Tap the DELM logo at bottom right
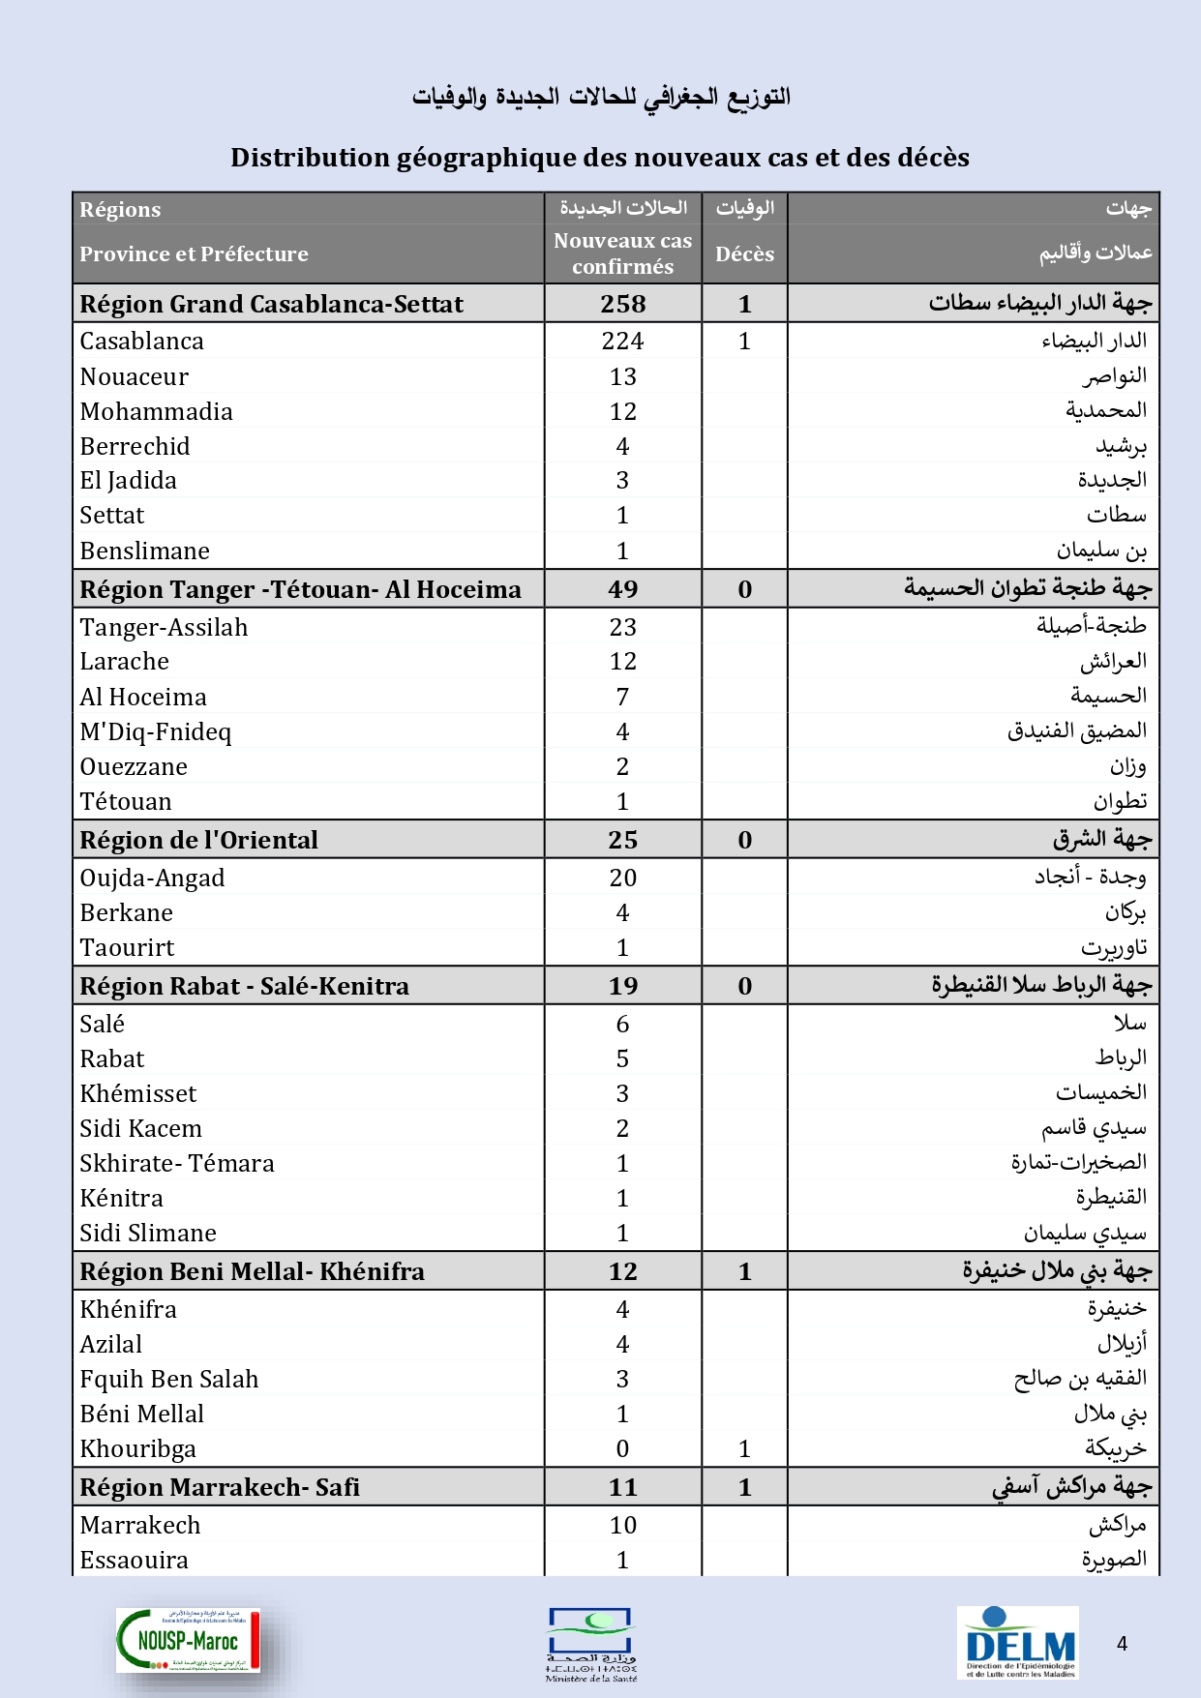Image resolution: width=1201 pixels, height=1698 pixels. tap(1019, 1642)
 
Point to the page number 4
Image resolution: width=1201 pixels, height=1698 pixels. tap(1122, 1644)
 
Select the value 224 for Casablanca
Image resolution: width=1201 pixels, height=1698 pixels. tap(622, 342)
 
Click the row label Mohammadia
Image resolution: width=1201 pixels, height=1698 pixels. tap(156, 412)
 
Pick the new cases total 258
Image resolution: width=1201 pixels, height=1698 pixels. tap(622, 304)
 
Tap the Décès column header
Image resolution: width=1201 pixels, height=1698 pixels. tap(744, 254)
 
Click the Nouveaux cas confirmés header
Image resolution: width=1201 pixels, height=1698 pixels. tap(622, 253)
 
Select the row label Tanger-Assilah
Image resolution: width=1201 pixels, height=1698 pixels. tap(164, 628)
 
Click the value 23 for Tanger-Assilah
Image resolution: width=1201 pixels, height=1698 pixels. tap(622, 628)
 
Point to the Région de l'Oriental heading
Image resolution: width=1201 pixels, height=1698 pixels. tap(198, 840)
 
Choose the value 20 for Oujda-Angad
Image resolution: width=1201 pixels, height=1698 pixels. tap(622, 879)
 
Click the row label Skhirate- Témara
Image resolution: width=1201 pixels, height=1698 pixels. tap(177, 1164)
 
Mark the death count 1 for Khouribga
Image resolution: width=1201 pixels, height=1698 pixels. tap(744, 1449)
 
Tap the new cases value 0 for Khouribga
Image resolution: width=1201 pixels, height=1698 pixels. tap(622, 1449)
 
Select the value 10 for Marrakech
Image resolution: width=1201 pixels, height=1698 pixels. tap(622, 1526)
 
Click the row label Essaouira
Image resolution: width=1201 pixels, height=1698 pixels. tap(134, 1561)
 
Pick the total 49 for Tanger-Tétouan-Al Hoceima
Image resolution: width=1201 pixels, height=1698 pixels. tap(622, 589)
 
